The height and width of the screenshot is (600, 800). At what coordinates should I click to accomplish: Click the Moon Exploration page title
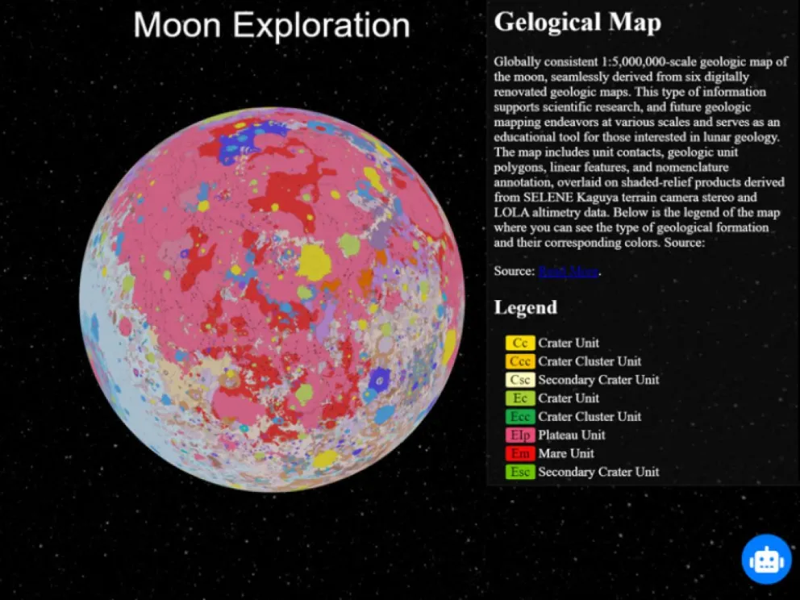[271, 26]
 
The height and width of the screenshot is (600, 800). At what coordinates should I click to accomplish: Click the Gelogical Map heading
[577, 22]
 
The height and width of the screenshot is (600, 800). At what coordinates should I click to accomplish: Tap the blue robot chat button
[766, 559]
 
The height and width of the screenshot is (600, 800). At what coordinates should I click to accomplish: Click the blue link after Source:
[569, 272]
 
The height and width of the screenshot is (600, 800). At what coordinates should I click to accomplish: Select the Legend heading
[525, 307]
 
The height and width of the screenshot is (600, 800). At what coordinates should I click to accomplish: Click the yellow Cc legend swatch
[520, 343]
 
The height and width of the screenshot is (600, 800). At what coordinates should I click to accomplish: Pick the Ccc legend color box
[520, 361]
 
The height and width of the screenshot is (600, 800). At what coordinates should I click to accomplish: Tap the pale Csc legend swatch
[520, 380]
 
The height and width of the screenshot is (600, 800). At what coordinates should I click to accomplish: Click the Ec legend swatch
[520, 398]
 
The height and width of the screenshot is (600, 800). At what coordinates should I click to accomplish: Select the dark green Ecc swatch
[520, 417]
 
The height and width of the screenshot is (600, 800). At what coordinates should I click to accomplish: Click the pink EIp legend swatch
[520, 435]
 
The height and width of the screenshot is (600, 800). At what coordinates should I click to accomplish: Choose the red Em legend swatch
[520, 454]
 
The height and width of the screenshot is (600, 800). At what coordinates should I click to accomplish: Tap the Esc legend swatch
[520, 473]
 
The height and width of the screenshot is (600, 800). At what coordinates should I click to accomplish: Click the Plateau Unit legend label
[571, 435]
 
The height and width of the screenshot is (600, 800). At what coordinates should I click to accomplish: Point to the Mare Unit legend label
[566, 454]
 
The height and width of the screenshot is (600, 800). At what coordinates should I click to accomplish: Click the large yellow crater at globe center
[314, 262]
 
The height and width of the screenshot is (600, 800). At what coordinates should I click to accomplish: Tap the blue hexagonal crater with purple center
[379, 377]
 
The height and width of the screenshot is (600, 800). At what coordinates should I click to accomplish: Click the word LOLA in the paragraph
[511, 213]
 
